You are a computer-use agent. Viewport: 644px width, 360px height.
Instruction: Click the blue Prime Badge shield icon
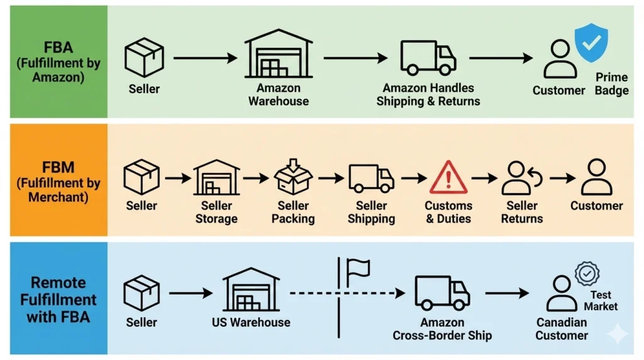[x=591, y=43]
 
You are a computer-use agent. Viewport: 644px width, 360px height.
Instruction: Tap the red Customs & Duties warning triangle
[x=448, y=177]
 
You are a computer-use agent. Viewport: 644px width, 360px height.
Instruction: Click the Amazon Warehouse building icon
[x=279, y=55]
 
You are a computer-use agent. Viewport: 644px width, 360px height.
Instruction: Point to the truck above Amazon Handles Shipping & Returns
[x=428, y=58]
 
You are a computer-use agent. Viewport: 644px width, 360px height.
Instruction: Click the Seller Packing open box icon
[x=293, y=178]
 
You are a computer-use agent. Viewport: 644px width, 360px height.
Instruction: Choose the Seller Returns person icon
[x=521, y=179]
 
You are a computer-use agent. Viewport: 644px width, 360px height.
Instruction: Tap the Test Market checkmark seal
[x=587, y=274]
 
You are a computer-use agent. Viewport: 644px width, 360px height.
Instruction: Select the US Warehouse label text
[x=251, y=322]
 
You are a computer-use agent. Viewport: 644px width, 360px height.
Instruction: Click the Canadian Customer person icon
[x=561, y=293]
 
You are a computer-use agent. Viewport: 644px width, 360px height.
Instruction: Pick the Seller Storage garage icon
[x=216, y=178]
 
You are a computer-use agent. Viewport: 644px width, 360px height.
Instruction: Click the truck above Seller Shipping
[x=371, y=178]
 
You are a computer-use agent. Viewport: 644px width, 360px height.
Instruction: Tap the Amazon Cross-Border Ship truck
[x=442, y=293]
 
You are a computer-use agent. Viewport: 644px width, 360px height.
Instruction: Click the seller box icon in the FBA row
[x=144, y=57]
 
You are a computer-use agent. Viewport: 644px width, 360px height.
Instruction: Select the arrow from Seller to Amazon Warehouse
[x=205, y=59]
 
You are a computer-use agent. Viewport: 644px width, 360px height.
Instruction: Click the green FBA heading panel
[x=54, y=62]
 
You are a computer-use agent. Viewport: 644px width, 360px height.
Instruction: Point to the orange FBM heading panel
[x=54, y=179]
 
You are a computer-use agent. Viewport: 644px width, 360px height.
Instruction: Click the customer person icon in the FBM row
[x=596, y=177]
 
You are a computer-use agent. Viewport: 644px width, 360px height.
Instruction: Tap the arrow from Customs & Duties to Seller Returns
[x=484, y=178]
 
